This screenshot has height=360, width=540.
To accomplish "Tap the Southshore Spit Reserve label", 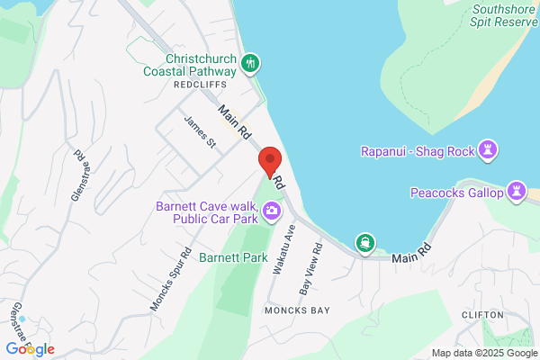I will [x=504, y=16].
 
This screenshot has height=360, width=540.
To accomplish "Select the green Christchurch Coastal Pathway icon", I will [x=251, y=63].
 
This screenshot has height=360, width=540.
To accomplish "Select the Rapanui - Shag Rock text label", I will [x=419, y=150].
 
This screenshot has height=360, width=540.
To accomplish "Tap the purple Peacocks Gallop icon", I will [x=517, y=191].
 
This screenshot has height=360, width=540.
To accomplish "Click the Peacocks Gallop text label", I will [x=457, y=192].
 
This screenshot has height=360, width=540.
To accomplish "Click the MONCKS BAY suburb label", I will [x=297, y=310].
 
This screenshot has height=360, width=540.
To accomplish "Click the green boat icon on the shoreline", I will [x=365, y=242].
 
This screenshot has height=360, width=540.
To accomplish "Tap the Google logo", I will [x=30, y=348].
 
